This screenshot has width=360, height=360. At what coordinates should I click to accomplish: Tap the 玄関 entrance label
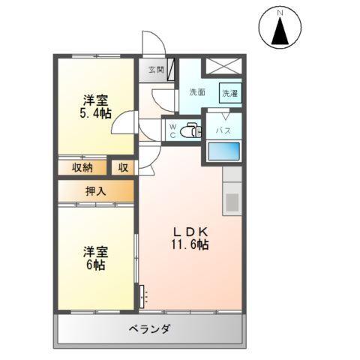click(x=155, y=69)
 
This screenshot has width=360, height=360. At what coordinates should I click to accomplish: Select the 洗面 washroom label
click(x=197, y=92)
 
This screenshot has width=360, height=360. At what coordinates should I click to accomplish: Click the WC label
click(x=172, y=130)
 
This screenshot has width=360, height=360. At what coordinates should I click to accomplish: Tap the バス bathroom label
click(x=223, y=130)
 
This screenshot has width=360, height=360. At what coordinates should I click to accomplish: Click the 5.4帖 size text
click(x=97, y=114)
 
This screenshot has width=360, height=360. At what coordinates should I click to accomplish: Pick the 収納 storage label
click(x=82, y=167)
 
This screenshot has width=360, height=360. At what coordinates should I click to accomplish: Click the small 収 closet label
click(x=123, y=167)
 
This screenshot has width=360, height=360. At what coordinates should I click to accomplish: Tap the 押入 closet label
click(x=94, y=190)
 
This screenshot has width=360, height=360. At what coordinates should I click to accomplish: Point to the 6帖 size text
click(x=94, y=265)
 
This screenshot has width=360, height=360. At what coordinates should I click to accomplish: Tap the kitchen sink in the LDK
click(x=232, y=202)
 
